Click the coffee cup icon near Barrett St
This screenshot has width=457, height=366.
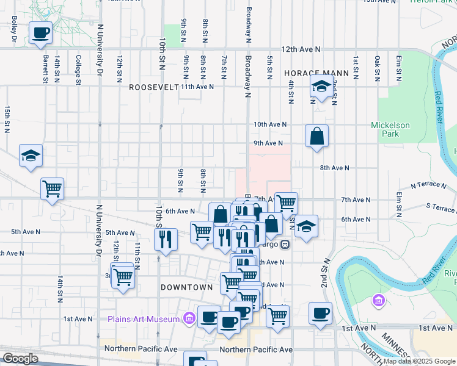pos(41,33)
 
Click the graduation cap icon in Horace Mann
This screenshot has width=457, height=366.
pos(320,87)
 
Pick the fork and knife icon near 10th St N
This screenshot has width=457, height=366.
pos(165,240)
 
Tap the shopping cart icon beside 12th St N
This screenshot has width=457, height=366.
pos(123,278)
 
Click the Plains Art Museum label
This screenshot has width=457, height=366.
pos(143,319)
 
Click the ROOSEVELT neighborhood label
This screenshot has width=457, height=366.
pos(153,87)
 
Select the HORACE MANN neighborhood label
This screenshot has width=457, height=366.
pos(316,73)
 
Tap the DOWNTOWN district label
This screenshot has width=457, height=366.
pos(186,287)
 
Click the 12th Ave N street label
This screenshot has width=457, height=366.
pos(301,49)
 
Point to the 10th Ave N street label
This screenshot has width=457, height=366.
pos(269,124)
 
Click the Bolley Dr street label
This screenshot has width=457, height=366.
pos(13,29)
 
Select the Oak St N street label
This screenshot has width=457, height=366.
pos(378,68)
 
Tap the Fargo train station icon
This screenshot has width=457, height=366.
pos(285,245)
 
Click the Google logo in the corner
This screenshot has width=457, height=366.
pos(20,359)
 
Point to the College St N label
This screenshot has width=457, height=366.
pos(78,68)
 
